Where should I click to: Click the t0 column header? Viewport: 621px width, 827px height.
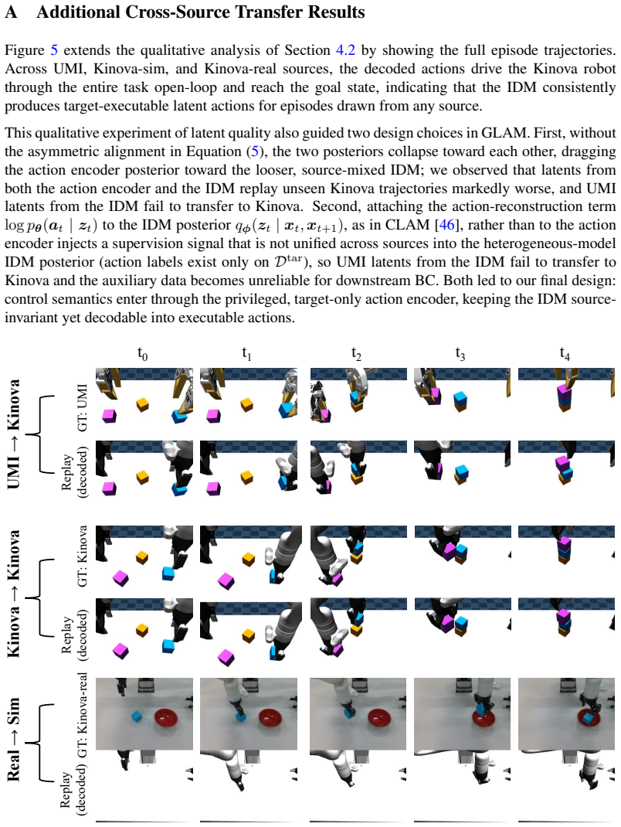(x=142, y=353)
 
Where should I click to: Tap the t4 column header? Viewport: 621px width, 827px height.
(x=565, y=353)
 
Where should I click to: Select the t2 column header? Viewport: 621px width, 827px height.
(x=356, y=353)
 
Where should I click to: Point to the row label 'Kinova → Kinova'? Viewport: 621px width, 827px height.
(x=14, y=594)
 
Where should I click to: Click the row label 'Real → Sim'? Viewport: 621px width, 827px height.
(x=14, y=739)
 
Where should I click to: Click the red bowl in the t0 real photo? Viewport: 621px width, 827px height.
(x=166, y=718)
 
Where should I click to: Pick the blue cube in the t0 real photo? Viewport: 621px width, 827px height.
(x=137, y=716)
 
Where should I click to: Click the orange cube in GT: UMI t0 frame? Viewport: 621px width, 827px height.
(x=142, y=404)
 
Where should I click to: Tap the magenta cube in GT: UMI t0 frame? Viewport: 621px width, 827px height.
(x=109, y=416)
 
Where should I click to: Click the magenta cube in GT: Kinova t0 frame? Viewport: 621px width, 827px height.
(x=120, y=578)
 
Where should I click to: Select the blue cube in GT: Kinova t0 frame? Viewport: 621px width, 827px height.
(x=168, y=573)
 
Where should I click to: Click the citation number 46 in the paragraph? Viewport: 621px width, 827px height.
(x=446, y=225)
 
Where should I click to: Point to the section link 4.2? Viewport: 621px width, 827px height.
(x=345, y=50)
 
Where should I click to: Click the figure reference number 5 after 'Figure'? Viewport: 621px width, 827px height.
(x=54, y=50)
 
